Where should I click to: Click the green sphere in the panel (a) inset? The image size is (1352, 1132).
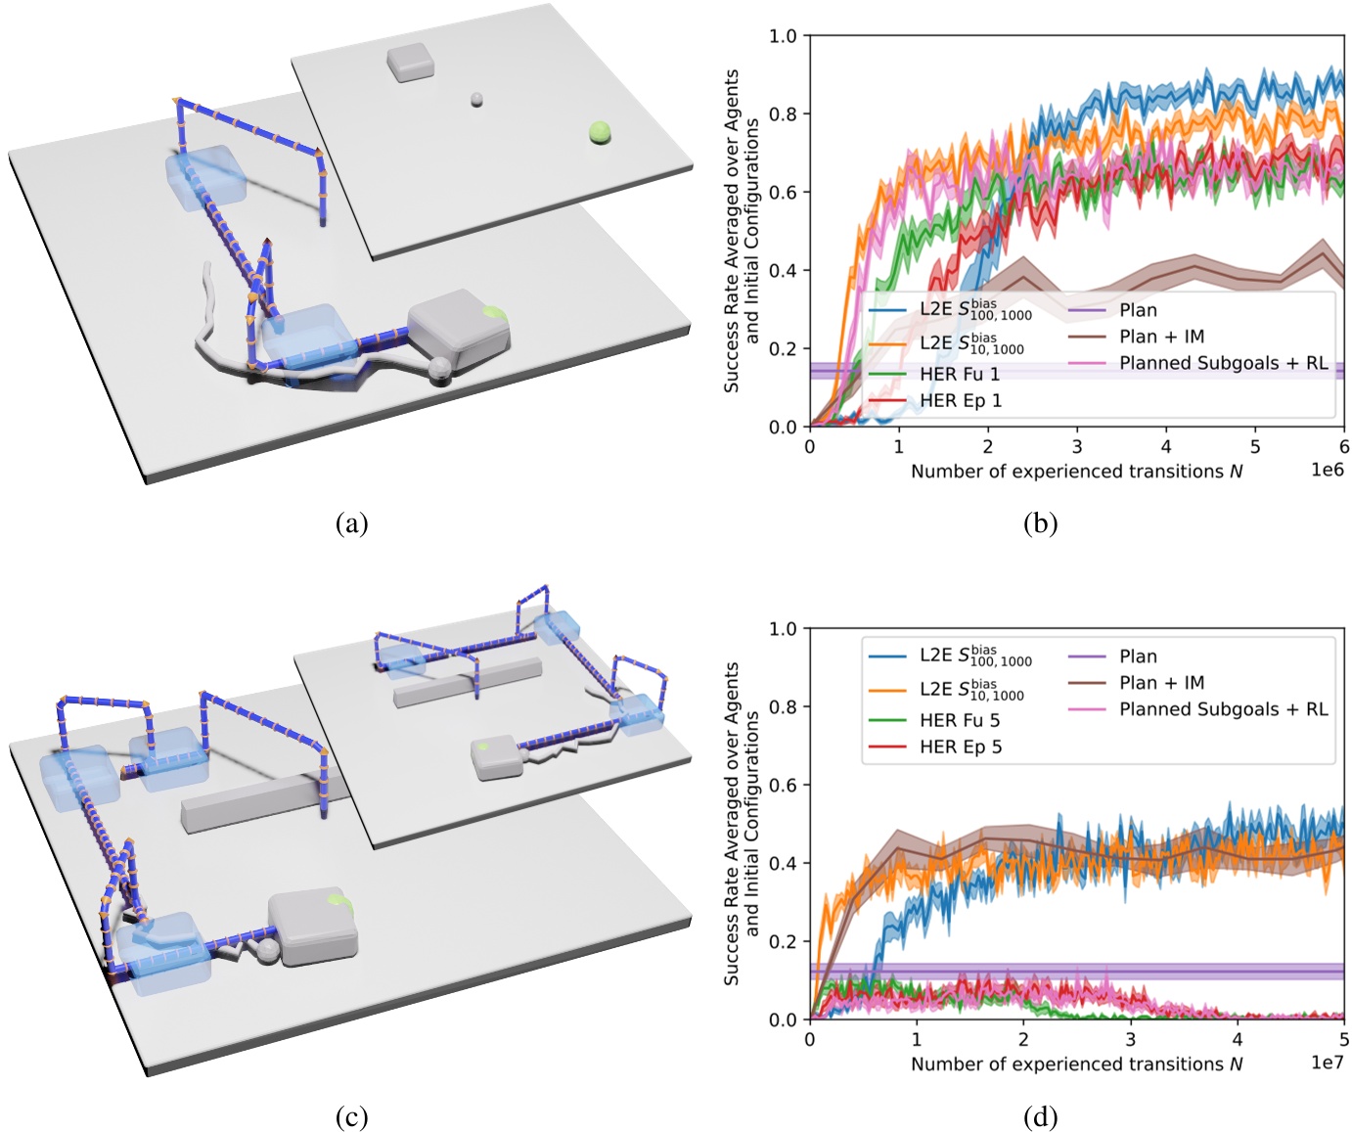600,132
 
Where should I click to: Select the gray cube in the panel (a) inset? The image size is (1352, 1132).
409,62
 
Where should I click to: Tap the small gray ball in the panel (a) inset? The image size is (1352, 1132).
476,100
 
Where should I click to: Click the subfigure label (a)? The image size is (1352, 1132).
351,523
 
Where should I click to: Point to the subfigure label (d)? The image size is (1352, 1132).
1040,1116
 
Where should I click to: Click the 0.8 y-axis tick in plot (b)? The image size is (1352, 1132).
784,114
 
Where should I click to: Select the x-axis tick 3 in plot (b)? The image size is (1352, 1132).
1077,447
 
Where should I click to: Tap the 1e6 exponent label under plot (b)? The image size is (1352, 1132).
1327,471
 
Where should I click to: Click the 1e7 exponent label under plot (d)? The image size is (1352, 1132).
1327,1064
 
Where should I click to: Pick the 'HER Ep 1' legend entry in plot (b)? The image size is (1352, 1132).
960,400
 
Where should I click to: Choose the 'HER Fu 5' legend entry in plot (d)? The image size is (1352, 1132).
960,720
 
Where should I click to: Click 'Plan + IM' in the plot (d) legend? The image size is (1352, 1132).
1161,683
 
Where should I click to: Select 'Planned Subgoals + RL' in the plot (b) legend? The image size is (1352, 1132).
1223,363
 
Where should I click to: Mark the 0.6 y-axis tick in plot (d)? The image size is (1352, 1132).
784,785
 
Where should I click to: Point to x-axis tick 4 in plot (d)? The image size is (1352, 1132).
1238,1039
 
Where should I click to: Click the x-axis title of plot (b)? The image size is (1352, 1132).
1076,472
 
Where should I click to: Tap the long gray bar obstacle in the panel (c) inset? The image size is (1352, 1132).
468,682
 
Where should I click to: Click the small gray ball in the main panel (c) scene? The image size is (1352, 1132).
265,952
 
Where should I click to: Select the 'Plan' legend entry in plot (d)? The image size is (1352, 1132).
1138,657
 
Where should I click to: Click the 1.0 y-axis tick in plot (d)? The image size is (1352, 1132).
784,628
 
